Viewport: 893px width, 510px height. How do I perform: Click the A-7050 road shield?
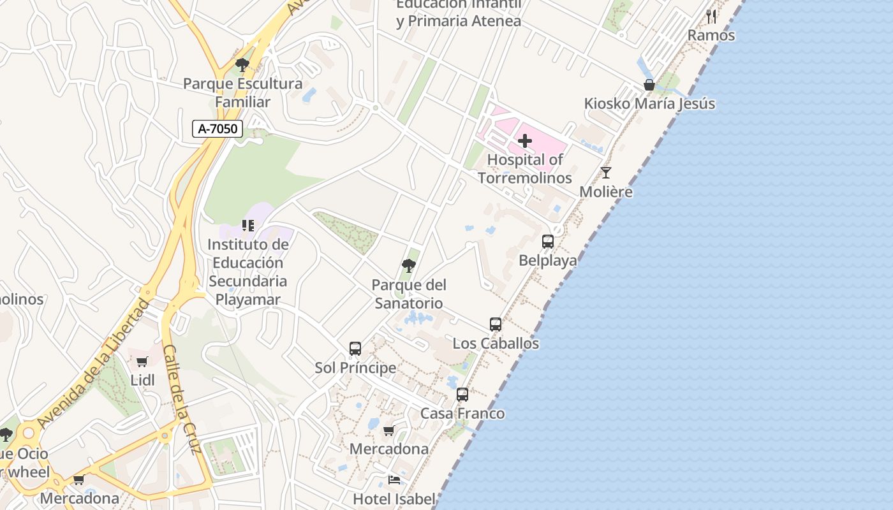tap(218, 129)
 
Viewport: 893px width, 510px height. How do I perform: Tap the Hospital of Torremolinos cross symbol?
tap(525, 140)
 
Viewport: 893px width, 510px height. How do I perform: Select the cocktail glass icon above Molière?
tap(606, 172)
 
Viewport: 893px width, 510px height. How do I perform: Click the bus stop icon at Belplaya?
tap(548, 242)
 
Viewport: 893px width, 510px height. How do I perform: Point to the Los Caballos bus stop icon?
tap(496, 324)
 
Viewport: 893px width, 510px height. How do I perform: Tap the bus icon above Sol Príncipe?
tap(355, 349)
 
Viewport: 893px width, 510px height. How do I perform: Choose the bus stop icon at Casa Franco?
tap(462, 395)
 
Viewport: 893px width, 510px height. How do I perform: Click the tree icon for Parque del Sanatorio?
tap(409, 265)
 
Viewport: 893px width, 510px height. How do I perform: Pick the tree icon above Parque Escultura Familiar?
tap(242, 64)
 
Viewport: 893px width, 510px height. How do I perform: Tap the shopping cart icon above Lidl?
tap(142, 361)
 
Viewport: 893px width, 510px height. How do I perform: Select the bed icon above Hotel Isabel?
tap(394, 480)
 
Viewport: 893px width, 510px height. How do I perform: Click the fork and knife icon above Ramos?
tap(711, 17)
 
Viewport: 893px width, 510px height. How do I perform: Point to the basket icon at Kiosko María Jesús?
tap(649, 85)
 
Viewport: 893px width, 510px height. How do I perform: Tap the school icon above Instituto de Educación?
tap(248, 225)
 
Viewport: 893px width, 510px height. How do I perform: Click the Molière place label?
tap(606, 192)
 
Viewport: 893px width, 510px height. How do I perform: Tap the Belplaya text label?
tap(547, 260)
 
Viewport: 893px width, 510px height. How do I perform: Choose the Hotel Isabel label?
tap(394, 499)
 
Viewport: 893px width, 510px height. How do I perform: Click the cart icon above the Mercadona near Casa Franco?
tap(389, 430)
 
